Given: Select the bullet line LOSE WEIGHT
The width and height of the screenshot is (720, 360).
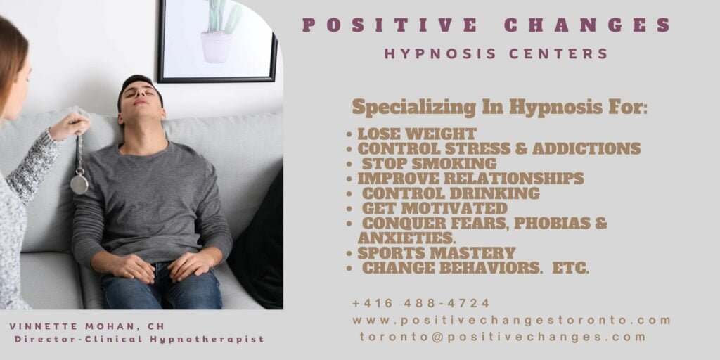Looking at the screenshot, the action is [417, 134].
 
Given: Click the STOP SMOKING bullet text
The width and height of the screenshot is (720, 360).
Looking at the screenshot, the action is [430, 163].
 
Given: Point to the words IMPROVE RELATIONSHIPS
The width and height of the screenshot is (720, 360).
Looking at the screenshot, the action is [470, 178].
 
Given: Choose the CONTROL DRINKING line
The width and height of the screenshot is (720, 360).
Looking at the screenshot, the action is [451, 193].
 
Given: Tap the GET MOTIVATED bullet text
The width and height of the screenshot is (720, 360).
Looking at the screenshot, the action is [435, 208].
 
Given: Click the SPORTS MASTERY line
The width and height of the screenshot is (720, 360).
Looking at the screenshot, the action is [437, 253].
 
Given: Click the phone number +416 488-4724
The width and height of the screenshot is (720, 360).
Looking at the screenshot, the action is [421, 304].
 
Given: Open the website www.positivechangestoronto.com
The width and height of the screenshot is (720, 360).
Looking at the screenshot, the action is [512, 320].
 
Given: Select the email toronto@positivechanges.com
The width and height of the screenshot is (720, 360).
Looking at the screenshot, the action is [503, 337].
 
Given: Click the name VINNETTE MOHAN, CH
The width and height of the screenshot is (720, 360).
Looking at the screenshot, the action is [86, 326].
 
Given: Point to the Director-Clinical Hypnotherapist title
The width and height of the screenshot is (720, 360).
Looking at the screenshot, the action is [140, 340].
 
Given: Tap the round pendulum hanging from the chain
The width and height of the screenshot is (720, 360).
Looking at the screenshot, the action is [79, 184].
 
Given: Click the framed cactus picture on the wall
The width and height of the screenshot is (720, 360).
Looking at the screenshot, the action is [217, 41].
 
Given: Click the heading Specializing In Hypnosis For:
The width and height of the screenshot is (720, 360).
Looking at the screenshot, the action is [500, 108].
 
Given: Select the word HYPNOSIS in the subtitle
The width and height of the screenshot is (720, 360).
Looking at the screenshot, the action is [440, 53].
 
